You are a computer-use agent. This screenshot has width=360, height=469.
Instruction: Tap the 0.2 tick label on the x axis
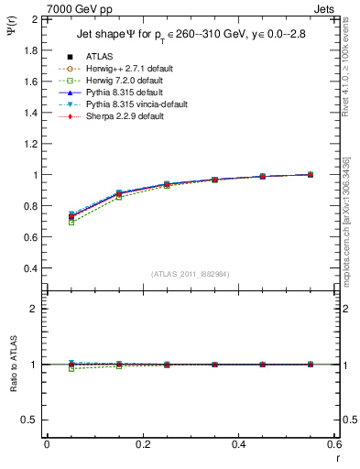(x=142, y=444)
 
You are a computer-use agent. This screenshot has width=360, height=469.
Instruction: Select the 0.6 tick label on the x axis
(x=334, y=444)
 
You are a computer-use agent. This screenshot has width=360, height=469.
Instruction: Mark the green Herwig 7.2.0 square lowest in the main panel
(x=71, y=223)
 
